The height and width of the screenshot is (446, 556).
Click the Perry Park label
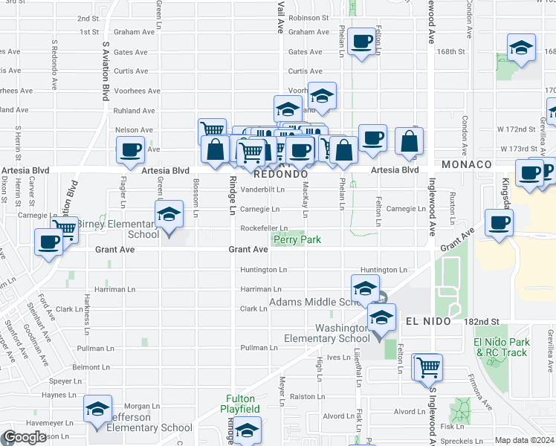click(296, 240)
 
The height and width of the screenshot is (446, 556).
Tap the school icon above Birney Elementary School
click(169, 215)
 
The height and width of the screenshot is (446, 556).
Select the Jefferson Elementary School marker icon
click(97, 410)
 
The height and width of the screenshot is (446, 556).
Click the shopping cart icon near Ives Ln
click(429, 366)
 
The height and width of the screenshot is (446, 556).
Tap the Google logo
click(25, 437)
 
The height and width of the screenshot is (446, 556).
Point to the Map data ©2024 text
click(524, 440)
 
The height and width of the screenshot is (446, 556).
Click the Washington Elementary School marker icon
click(381, 318)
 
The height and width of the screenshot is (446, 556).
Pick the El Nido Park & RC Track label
click(502, 347)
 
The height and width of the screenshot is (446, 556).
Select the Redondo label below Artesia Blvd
click(280, 174)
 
